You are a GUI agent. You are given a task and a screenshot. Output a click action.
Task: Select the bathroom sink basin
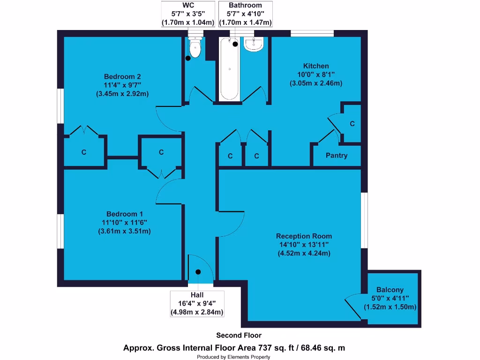click(254, 45)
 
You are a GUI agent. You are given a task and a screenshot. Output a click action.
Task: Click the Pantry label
click(337, 156)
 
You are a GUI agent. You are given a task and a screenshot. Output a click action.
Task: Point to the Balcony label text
click(390, 290)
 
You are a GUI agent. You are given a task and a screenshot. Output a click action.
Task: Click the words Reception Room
click(304, 236)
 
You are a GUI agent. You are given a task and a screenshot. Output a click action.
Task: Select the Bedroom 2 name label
click(122, 76)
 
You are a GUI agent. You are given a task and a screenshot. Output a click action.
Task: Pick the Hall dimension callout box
click(196, 303)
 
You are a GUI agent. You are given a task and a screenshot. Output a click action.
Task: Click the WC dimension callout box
click(188, 14)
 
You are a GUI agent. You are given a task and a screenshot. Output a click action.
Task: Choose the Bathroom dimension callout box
click(245, 14)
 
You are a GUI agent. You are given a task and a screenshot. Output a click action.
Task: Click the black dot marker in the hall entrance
click(198, 272)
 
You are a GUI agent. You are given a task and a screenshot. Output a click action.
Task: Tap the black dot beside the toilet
click(188, 58)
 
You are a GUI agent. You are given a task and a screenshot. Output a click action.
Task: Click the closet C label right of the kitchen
click(352, 124)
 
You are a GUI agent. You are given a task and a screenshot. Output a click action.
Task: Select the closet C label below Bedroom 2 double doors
click(84, 152)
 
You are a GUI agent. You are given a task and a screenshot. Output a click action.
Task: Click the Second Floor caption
click(239, 335)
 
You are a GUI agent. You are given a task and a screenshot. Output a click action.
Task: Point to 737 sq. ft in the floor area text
click(272, 348)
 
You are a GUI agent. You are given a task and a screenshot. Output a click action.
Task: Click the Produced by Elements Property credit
click(233, 357)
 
